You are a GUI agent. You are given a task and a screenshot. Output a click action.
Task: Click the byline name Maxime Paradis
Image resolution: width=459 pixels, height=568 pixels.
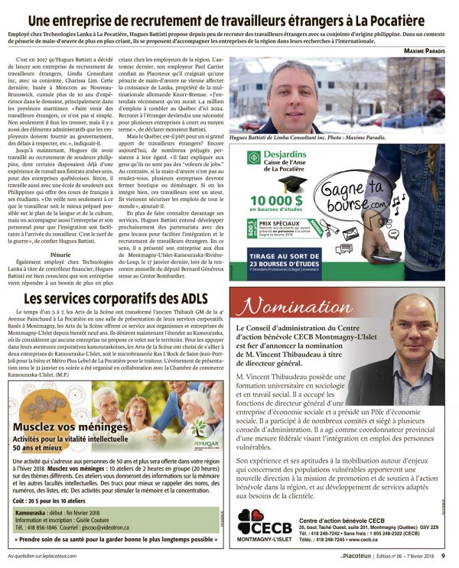click(x=427, y=51)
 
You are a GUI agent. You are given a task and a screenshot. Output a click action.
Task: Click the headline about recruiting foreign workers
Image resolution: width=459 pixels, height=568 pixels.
click(x=229, y=15)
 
